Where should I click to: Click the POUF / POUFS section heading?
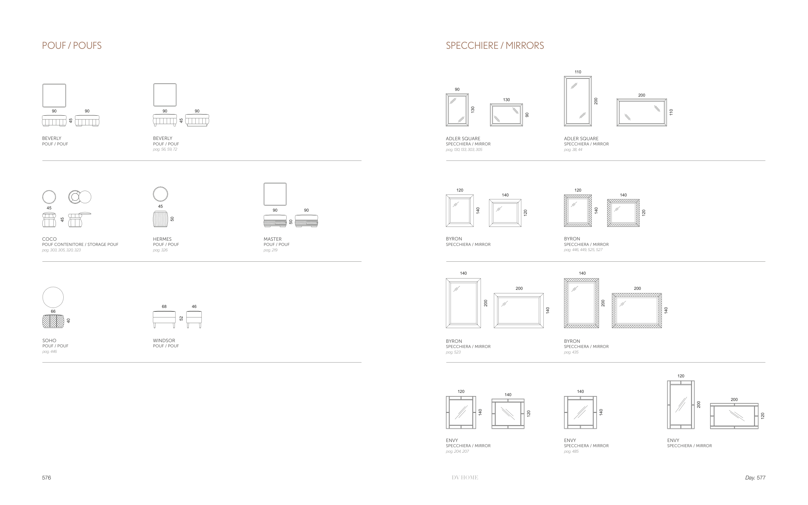[72, 46]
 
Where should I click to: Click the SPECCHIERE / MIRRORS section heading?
[495, 46]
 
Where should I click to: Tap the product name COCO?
[49, 239]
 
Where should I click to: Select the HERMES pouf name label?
[162, 239]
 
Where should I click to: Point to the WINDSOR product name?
[164, 340]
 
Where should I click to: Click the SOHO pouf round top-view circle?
[53, 297]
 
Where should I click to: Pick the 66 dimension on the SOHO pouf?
[53, 311]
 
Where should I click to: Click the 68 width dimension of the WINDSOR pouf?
[164, 306]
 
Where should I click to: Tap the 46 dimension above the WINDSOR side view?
[194, 306]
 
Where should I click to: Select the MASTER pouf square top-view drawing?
[275, 194]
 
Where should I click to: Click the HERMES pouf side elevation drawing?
[160, 219]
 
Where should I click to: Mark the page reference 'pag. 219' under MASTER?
[271, 250]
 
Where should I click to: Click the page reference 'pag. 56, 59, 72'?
[165, 149]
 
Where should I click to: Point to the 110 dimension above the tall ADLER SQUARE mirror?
[578, 72]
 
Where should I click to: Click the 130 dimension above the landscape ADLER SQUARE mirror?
[506, 100]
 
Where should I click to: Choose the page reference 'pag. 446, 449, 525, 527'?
[583, 250]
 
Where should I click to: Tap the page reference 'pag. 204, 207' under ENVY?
[457, 451]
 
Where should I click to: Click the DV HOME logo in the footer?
[465, 478]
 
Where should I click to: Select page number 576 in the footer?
[47, 478]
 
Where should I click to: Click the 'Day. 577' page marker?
[755, 478]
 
